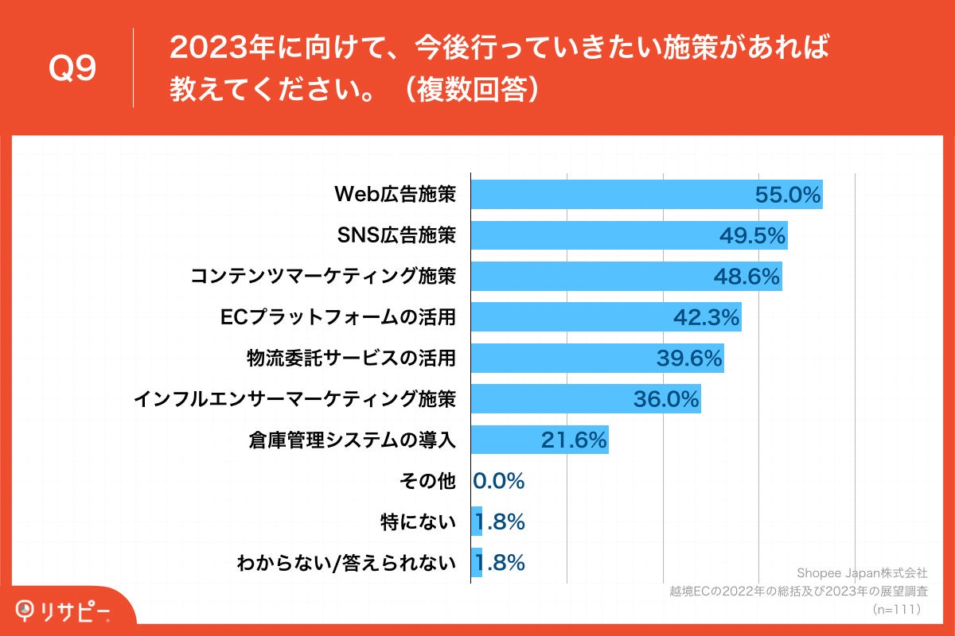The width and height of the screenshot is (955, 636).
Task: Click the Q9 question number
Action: pos(72,69)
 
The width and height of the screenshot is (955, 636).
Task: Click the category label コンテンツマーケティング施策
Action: pos(323,277)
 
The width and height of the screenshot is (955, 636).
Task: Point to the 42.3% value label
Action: pos(707,317)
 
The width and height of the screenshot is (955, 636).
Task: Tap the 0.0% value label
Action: pos(499,481)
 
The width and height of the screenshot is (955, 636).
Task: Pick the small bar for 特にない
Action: pos(477,522)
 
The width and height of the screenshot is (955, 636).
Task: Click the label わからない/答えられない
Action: pos(346,563)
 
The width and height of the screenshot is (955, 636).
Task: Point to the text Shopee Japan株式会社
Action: pos(862,573)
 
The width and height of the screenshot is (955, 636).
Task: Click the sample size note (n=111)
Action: pos(896,610)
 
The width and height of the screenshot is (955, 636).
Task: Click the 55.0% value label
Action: pos(788,196)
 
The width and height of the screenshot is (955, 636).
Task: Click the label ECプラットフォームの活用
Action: pos(337,317)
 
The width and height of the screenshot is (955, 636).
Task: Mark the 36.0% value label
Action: pos(665,399)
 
